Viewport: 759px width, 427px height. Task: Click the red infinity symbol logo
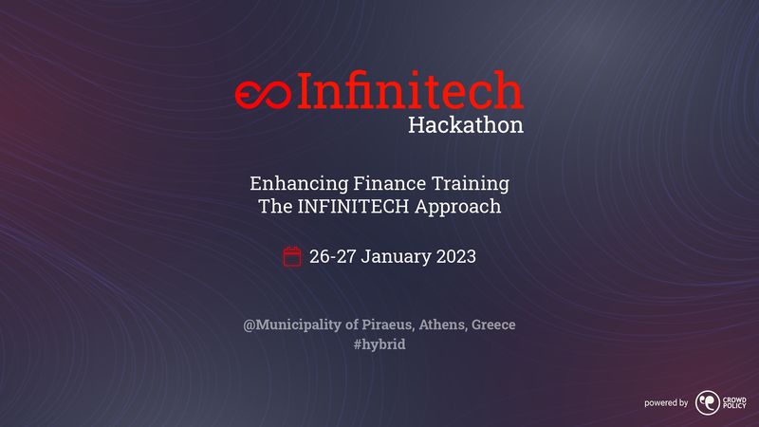(x=263, y=94)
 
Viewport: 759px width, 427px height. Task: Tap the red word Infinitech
(x=411, y=89)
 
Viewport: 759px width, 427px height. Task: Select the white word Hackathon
(x=466, y=125)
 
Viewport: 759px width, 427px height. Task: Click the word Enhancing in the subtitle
(x=299, y=184)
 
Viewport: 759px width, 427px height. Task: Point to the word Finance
(x=390, y=183)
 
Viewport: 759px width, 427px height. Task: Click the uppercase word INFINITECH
(x=353, y=206)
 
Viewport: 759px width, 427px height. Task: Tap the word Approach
(x=458, y=207)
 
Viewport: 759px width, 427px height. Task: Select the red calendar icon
(x=292, y=256)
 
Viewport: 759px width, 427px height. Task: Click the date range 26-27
(x=333, y=256)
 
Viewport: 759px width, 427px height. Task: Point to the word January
(x=396, y=257)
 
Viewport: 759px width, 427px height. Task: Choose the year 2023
(x=456, y=256)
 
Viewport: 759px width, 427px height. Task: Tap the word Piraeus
(x=388, y=325)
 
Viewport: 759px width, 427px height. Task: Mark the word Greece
(x=493, y=325)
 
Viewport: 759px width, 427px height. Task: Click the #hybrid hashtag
(x=379, y=344)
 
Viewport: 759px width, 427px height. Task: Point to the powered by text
(x=666, y=402)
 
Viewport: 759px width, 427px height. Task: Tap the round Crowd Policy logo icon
(x=708, y=402)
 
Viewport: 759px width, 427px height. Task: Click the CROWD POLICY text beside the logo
(x=734, y=402)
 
